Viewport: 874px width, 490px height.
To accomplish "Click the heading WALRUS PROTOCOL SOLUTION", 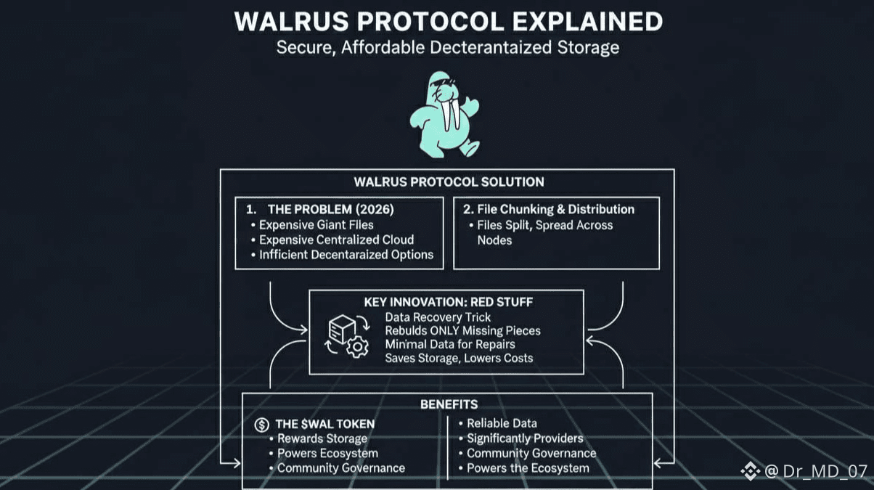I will (448, 181).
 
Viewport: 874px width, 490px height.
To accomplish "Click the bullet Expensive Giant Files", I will (317, 224).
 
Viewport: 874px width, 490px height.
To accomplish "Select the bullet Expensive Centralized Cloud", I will (336, 240).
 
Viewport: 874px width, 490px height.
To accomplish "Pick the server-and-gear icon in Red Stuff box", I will (347, 336).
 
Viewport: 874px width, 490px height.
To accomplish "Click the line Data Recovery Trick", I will (438, 317).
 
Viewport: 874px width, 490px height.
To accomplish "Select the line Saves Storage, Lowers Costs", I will (459, 358).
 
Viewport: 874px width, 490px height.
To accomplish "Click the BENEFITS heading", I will (449, 404).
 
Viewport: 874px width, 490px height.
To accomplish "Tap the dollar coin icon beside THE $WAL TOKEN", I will (261, 424).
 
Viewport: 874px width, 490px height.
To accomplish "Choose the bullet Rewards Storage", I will (322, 438).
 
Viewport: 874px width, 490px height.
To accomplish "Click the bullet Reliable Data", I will (502, 423).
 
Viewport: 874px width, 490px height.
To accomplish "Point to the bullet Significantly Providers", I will (525, 438).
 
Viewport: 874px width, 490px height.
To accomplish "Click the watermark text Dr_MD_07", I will (825, 471).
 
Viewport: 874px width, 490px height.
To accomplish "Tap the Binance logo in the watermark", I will (750, 472).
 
